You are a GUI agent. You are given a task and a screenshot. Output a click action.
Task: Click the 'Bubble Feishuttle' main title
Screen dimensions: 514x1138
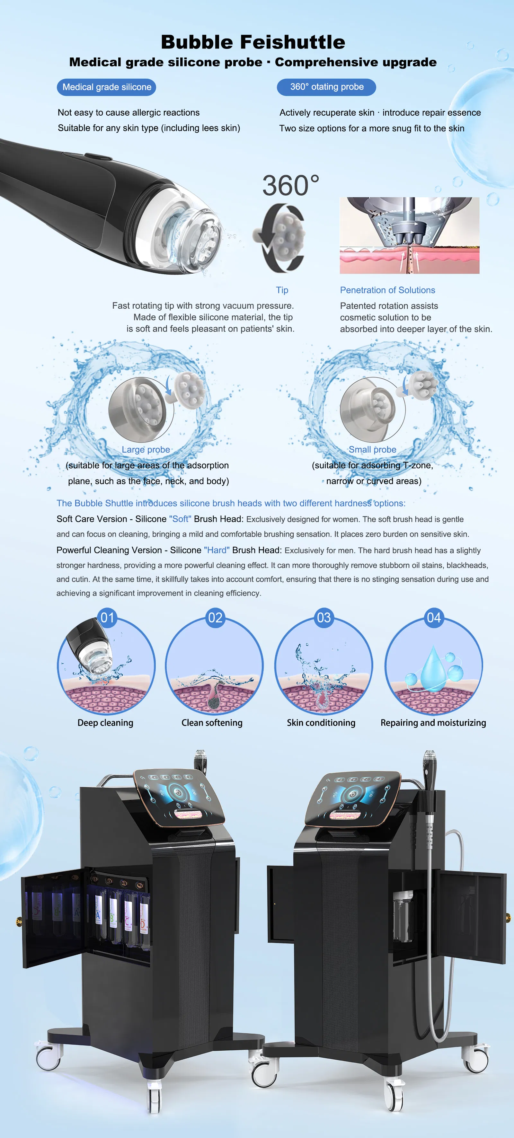pyautogui.click(x=253, y=42)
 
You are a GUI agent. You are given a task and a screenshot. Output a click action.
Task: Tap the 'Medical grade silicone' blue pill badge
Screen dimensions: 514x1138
pyautogui.click(x=107, y=87)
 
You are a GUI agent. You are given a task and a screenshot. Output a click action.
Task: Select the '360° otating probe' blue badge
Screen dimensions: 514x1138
pyautogui.click(x=327, y=87)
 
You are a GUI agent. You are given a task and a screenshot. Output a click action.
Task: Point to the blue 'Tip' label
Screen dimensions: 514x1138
pyautogui.click(x=282, y=290)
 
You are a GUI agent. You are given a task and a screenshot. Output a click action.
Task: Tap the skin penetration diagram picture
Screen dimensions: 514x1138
pyautogui.click(x=409, y=235)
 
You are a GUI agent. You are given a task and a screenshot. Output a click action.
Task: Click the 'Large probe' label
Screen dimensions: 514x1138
pyautogui.click(x=146, y=450)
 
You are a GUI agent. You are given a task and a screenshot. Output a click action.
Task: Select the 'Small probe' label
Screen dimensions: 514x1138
pyautogui.click(x=373, y=450)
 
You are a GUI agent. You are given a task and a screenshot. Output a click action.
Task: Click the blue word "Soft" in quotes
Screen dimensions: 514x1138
pyautogui.click(x=180, y=519)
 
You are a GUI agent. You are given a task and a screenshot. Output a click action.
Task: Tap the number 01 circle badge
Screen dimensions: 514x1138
pyautogui.click(x=107, y=618)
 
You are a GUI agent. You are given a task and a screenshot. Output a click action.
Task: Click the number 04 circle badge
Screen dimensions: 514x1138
pyautogui.click(x=434, y=618)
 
